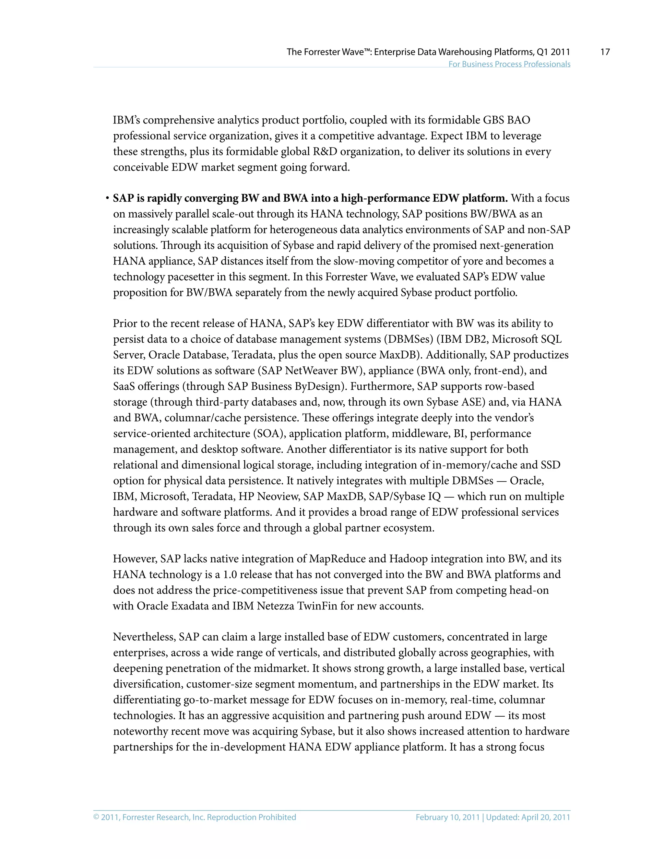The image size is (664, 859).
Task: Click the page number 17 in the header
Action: [x=605, y=52]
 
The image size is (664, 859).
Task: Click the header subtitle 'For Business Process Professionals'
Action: [x=509, y=64]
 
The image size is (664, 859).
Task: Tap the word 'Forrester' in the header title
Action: [x=321, y=52]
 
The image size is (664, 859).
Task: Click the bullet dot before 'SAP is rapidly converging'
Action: [x=107, y=198]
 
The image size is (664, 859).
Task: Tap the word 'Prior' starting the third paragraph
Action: [x=123, y=323]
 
